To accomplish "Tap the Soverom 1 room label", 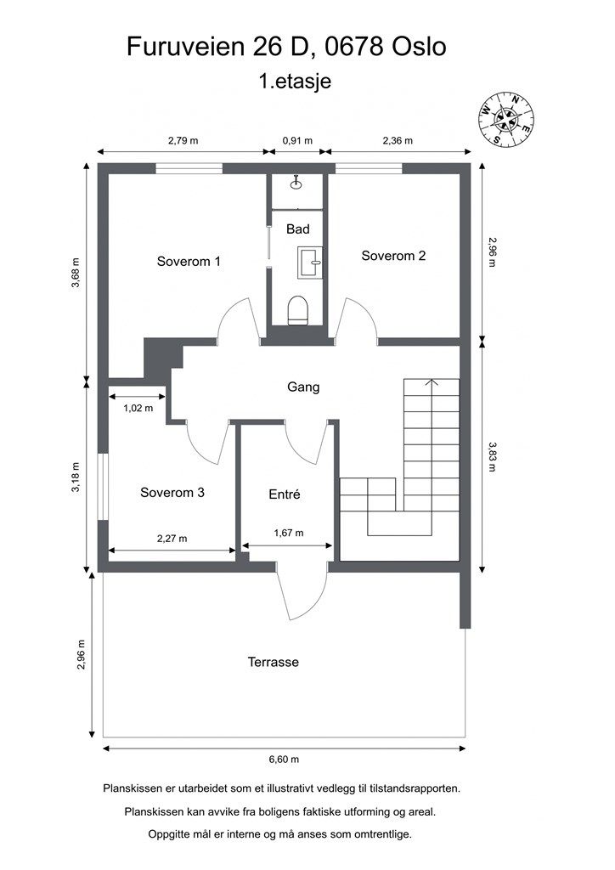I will pos(189,261).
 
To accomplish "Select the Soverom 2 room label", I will pos(393,255).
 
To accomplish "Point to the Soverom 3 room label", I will pos(172,492).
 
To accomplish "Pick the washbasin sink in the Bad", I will pos(310,263).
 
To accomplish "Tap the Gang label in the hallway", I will pos(303,387).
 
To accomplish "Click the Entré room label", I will pos(285,494).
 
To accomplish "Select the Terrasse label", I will pos(274,661).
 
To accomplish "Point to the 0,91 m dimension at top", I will pos(297,140).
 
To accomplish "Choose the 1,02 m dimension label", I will pos(138,408).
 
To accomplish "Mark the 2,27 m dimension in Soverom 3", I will pos(172,538).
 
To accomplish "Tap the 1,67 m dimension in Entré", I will pos(289,533).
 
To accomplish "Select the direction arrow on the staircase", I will pos(432,382).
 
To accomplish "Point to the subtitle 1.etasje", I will pos(295,82).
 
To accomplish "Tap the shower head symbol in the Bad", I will pos(296,183).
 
